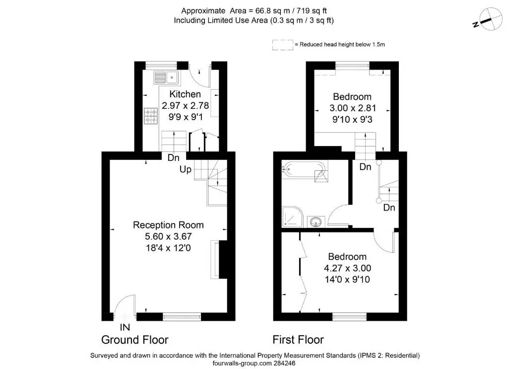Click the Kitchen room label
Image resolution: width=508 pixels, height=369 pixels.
(185, 94)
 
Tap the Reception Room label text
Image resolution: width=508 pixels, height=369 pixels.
(168, 225)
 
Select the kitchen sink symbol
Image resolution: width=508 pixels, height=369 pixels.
(166, 77)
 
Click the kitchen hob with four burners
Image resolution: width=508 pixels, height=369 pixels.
(151, 116)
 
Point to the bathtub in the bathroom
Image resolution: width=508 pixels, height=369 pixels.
(304, 169)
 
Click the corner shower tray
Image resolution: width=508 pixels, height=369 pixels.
(293, 217)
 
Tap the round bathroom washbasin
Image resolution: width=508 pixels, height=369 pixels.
(316, 222)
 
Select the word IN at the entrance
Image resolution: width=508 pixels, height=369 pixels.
(125, 327)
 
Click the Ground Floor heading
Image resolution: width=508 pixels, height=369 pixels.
(135, 340)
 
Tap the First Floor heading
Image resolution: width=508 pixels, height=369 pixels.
(298, 340)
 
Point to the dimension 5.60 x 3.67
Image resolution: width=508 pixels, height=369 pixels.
(169, 236)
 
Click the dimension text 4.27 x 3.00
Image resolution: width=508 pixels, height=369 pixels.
(347, 268)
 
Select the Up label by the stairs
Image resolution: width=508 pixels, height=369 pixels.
(186, 169)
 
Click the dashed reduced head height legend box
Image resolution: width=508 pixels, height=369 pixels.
(283, 45)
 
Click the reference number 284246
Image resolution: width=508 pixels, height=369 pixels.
(284, 364)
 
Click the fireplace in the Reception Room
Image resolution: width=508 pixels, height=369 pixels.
(219, 259)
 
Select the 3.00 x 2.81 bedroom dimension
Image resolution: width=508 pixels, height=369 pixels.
(353, 108)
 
